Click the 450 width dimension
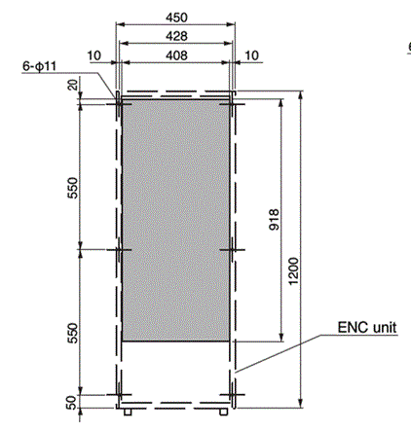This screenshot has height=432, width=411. click(176, 17)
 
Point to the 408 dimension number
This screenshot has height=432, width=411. click(176, 54)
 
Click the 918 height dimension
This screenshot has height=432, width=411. click(274, 220)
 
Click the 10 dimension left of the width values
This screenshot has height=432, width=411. click(93, 55)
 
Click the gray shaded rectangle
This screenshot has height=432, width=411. click(176, 219)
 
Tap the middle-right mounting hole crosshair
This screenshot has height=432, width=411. click(233, 250)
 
